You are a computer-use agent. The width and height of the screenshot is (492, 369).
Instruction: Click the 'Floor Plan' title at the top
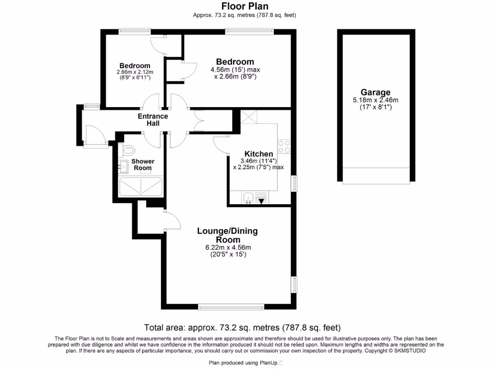pos(245,6)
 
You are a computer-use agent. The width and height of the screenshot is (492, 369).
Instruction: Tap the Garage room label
pos(375,92)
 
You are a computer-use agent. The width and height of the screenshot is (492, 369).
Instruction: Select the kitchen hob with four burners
pos(283,146)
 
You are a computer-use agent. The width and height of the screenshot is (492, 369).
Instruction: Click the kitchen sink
pos(248,197)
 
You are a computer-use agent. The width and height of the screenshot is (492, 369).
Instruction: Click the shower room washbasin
pos(122,167)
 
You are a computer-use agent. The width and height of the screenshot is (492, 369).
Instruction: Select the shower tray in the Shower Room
pos(141,186)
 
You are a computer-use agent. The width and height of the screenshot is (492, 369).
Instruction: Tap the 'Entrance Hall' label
pos(153,120)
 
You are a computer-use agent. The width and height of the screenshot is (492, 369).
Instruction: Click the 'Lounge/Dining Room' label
pos(227,235)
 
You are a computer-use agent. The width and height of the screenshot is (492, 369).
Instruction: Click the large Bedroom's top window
pos(250,32)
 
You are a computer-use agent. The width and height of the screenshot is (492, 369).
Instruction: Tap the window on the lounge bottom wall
pos(231,307)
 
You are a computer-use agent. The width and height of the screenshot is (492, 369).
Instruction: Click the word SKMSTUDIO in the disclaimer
pos(409,351)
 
